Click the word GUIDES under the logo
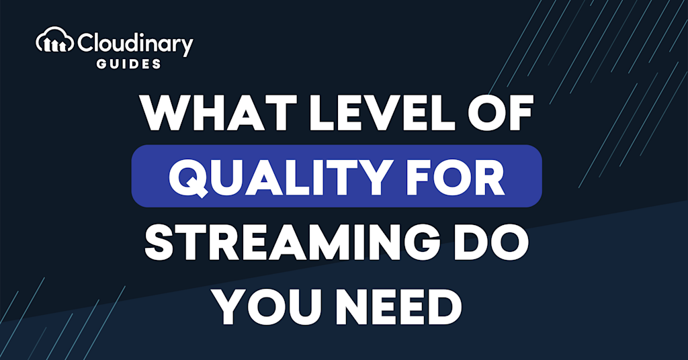pos(128,64)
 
